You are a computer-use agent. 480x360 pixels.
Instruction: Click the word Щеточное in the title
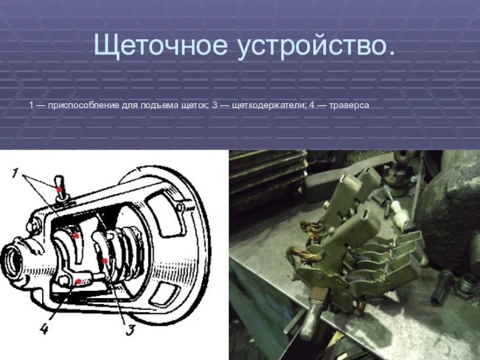point(153,47)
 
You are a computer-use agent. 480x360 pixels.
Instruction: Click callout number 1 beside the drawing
point(16,173)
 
